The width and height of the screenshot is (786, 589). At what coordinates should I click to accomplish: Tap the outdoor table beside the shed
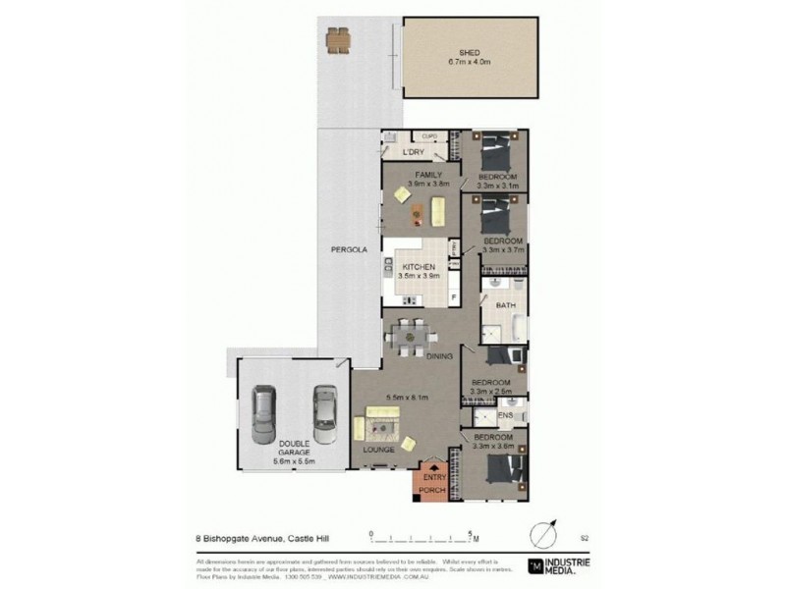click(x=338, y=41)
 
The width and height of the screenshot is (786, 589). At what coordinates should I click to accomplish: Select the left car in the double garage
click(x=263, y=413)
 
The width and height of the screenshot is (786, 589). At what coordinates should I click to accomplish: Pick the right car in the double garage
click(x=325, y=413)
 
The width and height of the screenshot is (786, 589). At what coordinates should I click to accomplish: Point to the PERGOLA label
click(x=348, y=250)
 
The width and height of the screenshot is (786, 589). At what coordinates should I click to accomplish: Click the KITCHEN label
click(x=416, y=266)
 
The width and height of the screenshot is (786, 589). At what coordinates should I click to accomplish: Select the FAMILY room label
click(x=428, y=174)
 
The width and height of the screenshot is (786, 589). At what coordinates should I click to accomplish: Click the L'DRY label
click(x=414, y=153)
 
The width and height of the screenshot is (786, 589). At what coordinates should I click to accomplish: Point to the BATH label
click(x=505, y=305)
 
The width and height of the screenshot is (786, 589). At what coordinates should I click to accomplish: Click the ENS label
click(x=505, y=415)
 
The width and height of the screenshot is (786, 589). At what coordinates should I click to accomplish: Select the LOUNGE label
click(x=378, y=450)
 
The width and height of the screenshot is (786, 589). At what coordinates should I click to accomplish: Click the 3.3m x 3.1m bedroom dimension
click(x=496, y=185)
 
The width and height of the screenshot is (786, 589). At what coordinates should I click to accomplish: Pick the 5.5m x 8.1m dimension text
click(x=410, y=397)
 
